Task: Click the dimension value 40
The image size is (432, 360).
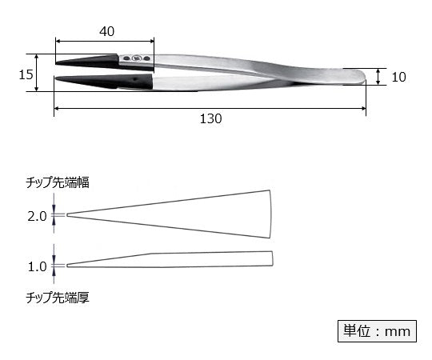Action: pos(107,32)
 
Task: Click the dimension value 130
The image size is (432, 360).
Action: pos(210,119)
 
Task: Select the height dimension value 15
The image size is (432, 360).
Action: pos(25,74)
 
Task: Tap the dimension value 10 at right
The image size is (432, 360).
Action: pos(400,77)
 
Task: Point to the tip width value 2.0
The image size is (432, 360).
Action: pos(37,215)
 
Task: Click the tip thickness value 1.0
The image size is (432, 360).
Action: pos(37,266)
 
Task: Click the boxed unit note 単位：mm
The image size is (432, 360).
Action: pos(374,330)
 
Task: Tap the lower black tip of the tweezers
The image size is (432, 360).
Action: pos(88,80)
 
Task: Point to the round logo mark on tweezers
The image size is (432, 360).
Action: pos(136,58)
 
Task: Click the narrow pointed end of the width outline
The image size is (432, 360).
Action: pos(68,214)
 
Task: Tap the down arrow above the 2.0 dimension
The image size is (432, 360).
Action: pos(54,208)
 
